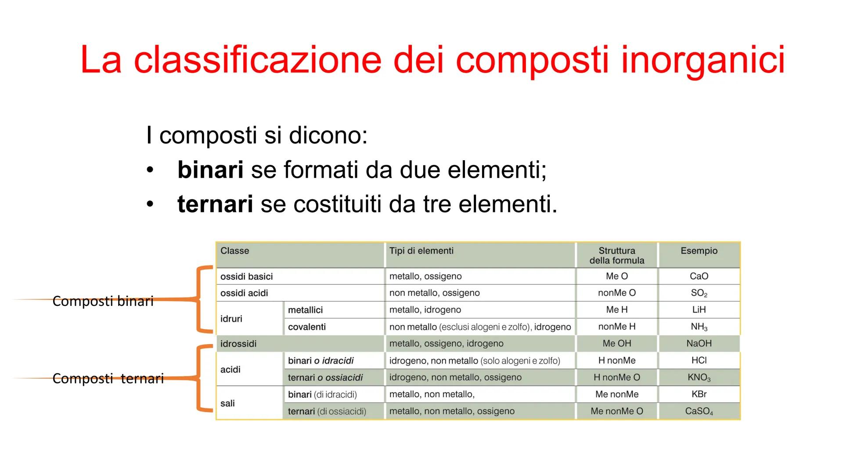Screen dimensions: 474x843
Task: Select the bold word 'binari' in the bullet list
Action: (x=210, y=169)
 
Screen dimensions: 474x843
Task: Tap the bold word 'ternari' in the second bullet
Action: (x=215, y=204)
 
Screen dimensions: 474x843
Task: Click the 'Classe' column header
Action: (x=234, y=251)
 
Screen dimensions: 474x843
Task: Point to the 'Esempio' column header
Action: (x=699, y=251)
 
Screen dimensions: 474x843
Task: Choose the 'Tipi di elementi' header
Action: (x=421, y=251)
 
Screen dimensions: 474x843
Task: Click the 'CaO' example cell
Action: (x=699, y=276)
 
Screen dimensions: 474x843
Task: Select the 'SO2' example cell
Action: (x=699, y=293)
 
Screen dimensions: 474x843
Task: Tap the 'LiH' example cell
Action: (x=699, y=310)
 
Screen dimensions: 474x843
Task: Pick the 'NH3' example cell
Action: (x=699, y=327)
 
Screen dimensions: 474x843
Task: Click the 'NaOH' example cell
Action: (x=699, y=344)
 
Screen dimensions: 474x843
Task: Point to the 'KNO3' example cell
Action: (x=699, y=377)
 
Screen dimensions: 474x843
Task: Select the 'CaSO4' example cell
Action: (x=699, y=411)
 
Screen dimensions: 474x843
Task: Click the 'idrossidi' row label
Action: (x=238, y=344)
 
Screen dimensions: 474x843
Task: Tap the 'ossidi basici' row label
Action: (x=246, y=276)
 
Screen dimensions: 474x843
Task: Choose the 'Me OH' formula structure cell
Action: (x=616, y=344)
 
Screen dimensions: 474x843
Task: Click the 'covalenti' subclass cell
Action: (x=307, y=327)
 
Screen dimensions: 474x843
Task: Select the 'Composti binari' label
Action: (x=103, y=301)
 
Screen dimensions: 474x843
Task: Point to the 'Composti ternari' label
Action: (x=108, y=378)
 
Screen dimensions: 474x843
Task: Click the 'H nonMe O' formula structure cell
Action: (x=616, y=377)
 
